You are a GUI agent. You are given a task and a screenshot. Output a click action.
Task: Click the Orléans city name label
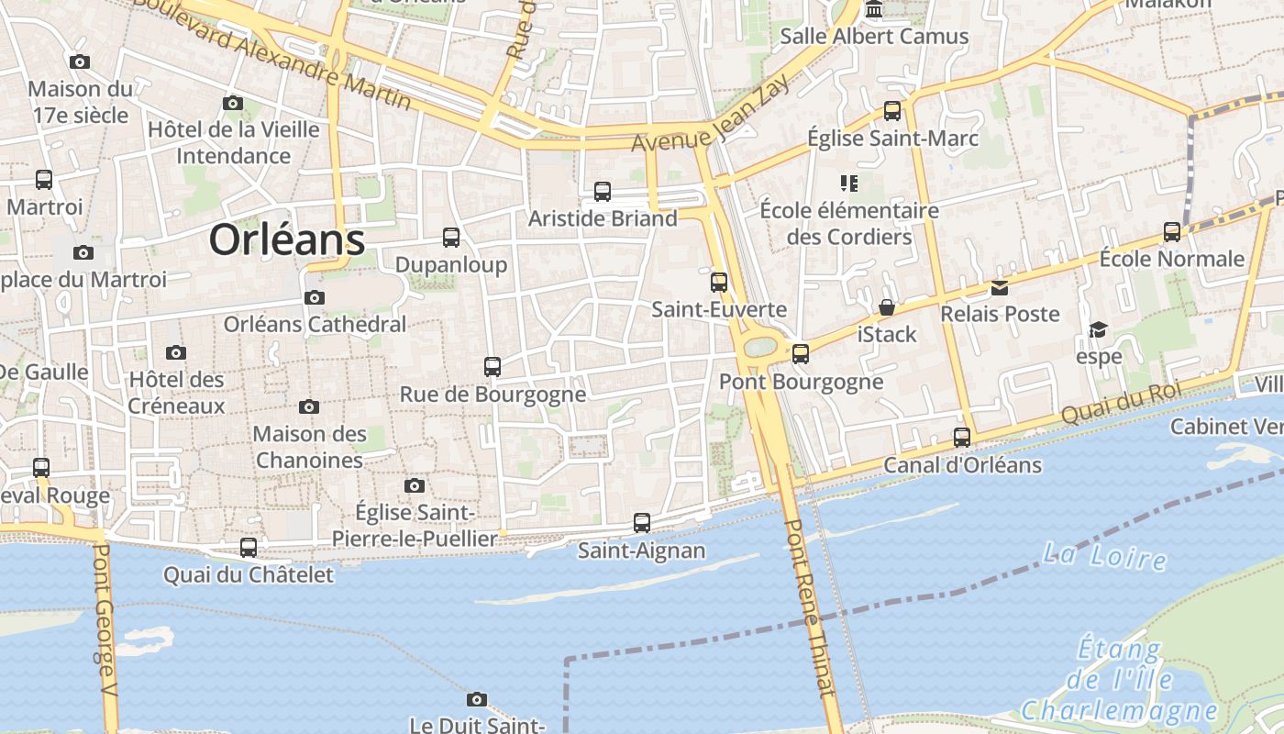[287, 239]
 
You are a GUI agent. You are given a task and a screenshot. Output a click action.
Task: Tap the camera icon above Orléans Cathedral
[315, 297]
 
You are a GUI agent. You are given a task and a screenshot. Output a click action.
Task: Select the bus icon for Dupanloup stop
[451, 238]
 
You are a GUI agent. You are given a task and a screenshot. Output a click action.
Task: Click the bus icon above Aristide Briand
[603, 191]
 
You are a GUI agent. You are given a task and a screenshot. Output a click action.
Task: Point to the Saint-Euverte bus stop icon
[719, 282]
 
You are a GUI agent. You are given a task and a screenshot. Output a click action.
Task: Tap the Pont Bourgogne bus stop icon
[801, 353]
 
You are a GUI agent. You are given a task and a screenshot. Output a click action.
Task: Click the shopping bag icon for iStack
[887, 306]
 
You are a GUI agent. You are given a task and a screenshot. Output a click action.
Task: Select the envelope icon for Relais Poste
[1000, 288]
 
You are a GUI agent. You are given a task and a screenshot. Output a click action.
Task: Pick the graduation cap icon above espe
[1098, 329]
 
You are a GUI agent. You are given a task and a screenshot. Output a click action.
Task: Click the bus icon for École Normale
[1172, 231]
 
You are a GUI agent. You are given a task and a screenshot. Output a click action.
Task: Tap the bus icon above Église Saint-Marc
[892, 111]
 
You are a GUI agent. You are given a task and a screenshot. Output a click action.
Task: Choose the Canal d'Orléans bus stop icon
[962, 438]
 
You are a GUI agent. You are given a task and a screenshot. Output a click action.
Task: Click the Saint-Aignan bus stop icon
[642, 523]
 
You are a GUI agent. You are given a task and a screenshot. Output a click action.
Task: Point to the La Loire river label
[1105, 555]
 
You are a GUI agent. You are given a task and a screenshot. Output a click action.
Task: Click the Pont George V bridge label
[105, 633]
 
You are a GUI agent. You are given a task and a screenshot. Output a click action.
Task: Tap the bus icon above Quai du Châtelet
[249, 548]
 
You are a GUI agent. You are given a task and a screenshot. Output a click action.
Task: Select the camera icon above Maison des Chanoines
[309, 406]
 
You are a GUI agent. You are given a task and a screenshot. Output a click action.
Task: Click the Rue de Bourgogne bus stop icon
[493, 367]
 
